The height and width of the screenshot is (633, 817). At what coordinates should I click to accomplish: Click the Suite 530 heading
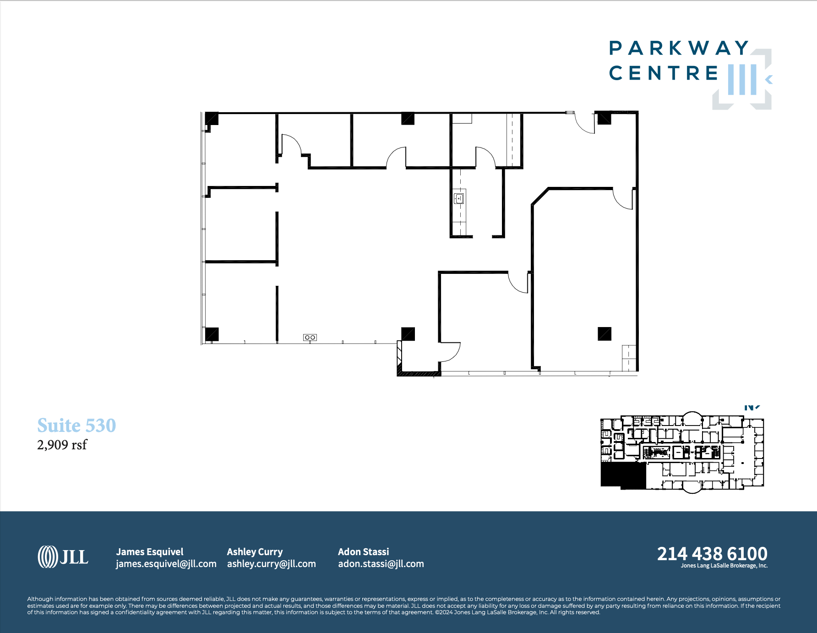coord(76,426)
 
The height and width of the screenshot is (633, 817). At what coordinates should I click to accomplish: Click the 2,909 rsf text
coord(62,445)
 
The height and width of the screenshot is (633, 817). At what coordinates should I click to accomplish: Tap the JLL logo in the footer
coord(63,557)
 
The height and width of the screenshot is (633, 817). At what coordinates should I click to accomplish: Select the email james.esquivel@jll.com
coord(166,564)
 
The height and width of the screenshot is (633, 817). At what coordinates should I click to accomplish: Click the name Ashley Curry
coord(255,551)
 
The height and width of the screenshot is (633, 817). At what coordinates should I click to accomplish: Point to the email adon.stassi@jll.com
coord(381,564)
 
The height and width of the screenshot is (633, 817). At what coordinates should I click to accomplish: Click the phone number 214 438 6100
coord(712,554)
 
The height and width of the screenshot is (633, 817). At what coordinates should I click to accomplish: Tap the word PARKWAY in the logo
coord(679,48)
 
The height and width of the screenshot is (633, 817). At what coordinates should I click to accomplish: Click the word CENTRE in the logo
coord(664,73)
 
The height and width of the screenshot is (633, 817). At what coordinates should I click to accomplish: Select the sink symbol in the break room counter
coord(459,198)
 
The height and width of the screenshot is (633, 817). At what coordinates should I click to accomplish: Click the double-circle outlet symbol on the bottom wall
coord(310,338)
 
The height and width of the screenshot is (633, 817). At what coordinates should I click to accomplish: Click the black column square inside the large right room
coord(604,333)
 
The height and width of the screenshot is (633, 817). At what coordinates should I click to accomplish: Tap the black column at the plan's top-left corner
coord(212,118)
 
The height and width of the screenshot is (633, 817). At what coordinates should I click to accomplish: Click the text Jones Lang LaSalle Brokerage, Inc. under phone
coord(724,566)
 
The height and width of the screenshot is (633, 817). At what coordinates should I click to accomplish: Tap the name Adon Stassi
coord(363,551)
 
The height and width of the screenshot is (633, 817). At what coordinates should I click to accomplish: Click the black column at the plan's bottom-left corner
coord(212,334)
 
